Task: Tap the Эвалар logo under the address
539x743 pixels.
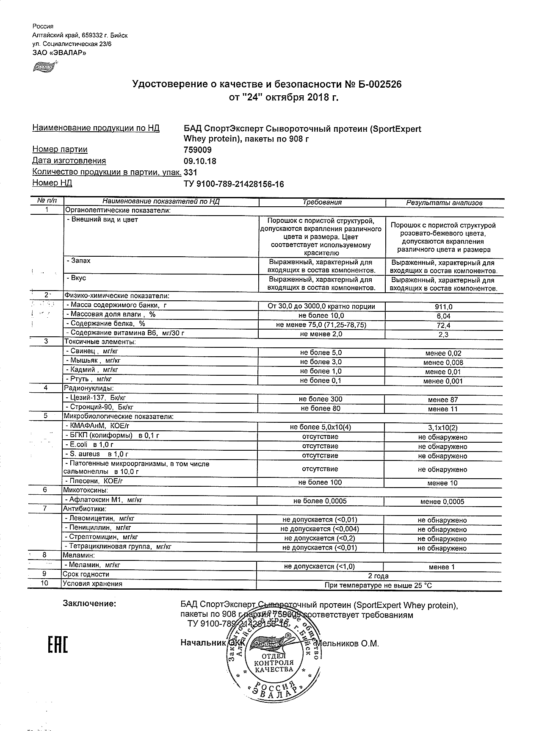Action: click(44, 66)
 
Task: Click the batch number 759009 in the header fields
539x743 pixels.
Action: click(198, 150)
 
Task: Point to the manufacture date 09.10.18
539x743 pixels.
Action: click(199, 161)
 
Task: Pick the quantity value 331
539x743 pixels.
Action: click(191, 172)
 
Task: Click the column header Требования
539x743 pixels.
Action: click(322, 202)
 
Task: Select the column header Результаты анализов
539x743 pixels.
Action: click(444, 203)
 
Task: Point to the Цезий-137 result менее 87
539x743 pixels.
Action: click(443, 399)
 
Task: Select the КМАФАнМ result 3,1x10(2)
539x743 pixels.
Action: click(443, 428)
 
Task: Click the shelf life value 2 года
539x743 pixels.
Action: click(378, 576)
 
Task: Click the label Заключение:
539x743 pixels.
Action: click(89, 604)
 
